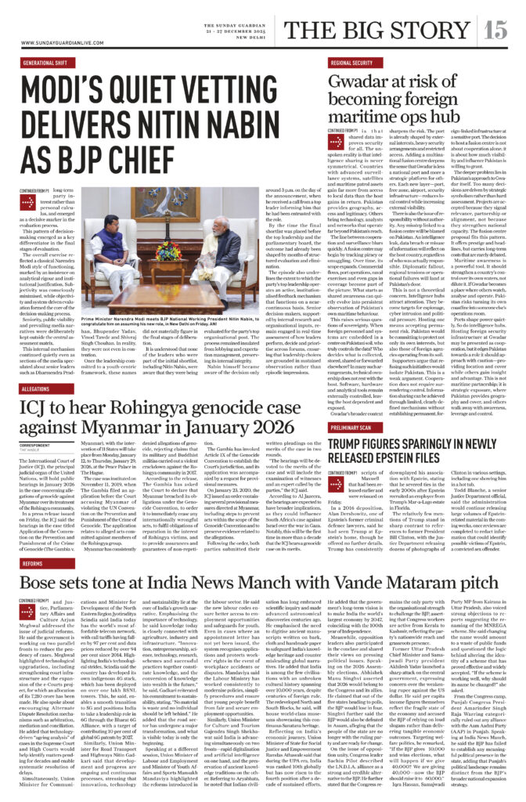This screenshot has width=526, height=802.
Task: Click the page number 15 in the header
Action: click(495, 30)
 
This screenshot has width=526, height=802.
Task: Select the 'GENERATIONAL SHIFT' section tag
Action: click(46, 62)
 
